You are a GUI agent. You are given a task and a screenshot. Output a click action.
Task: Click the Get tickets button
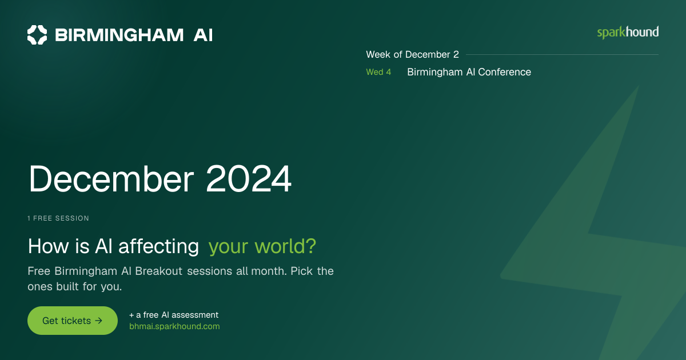[73, 321]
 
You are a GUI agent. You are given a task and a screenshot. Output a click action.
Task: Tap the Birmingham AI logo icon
[37, 35]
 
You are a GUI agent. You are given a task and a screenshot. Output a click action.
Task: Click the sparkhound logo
[628, 33]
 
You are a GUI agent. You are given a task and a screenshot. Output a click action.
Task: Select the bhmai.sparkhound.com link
[174, 326]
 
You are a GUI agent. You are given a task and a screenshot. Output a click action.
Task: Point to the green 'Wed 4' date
[378, 72]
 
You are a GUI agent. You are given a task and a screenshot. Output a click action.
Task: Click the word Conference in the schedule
[504, 72]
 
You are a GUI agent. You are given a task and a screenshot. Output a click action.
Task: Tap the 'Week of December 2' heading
[413, 54]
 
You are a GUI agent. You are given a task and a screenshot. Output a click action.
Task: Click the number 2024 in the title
[248, 179]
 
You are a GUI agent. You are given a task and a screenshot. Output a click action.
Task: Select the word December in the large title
[111, 179]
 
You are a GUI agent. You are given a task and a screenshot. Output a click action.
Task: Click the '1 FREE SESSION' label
[58, 218]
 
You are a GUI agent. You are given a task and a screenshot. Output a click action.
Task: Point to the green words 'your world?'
[262, 246]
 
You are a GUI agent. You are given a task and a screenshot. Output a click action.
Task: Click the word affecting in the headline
[159, 246]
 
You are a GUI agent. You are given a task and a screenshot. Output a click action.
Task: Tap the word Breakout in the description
[159, 271]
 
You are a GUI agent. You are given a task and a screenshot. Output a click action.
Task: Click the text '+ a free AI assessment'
[174, 315]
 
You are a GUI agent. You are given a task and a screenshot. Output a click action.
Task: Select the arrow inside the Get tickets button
[98, 321]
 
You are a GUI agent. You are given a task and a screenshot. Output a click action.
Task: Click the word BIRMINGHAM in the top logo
[119, 35]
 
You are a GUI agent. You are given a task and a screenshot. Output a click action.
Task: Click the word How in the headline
[49, 246]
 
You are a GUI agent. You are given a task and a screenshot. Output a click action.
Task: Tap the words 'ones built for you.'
[75, 286]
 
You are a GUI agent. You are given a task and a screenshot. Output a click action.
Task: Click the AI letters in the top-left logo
[203, 35]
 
